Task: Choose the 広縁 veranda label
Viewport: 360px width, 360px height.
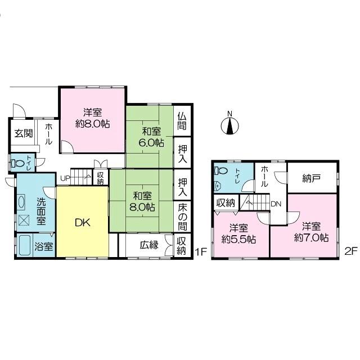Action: tap(148, 245)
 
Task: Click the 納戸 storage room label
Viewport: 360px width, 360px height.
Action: tap(311, 179)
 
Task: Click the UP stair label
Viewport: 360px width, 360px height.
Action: tap(65, 179)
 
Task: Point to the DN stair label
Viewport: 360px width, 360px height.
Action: tap(276, 204)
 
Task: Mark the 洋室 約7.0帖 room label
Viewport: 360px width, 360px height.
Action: tap(311, 232)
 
